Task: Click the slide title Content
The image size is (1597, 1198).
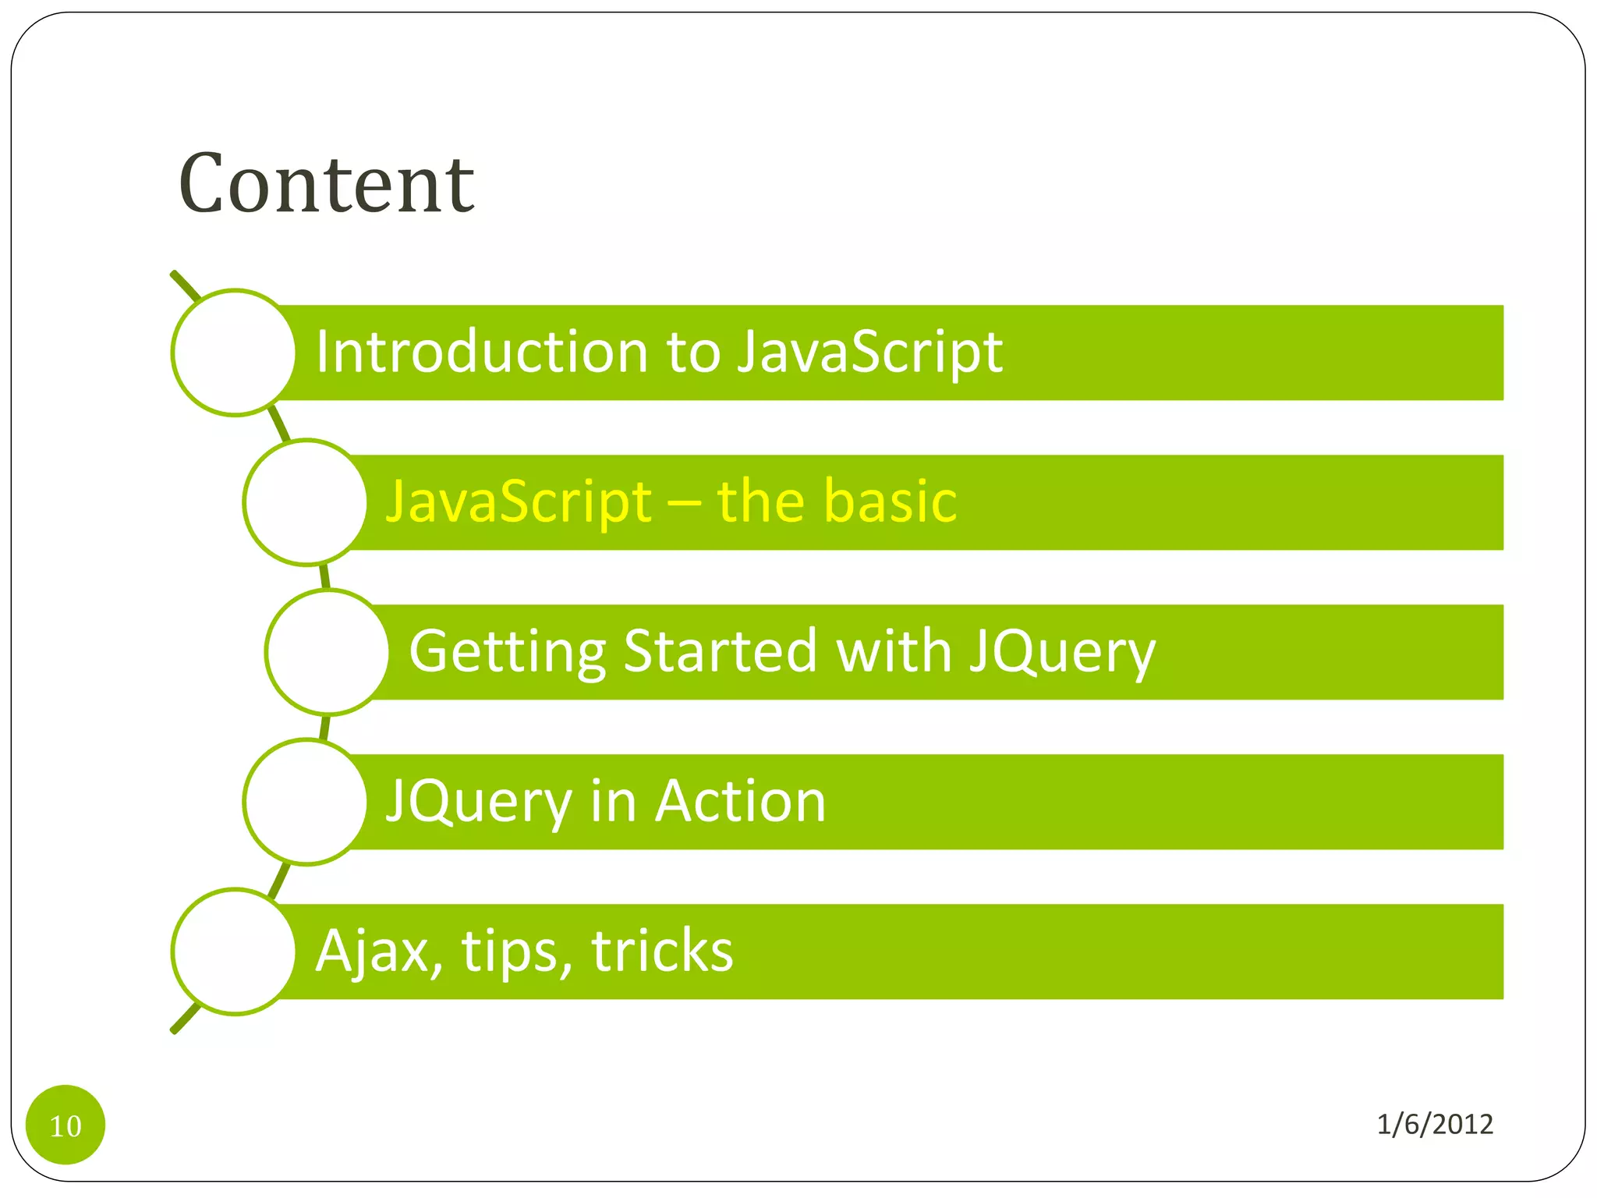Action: (326, 184)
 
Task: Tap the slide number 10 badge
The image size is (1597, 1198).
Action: (66, 1125)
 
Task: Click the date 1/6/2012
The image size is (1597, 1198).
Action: (1434, 1124)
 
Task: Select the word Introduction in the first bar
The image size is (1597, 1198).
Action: (481, 352)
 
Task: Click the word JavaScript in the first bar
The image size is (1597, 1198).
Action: (869, 353)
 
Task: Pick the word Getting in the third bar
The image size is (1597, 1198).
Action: (507, 652)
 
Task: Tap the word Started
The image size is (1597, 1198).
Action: (721, 651)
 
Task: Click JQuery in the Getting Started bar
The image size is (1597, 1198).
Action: (1062, 652)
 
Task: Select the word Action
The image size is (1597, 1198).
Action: (740, 801)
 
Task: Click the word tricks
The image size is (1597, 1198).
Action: (662, 951)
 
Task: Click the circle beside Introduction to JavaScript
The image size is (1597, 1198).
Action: (234, 353)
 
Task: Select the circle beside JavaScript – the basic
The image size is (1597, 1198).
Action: (306, 502)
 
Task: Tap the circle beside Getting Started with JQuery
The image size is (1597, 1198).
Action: (328, 652)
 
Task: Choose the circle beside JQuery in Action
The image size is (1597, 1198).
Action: (306, 802)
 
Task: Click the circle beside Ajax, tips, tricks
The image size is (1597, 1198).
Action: (234, 952)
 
